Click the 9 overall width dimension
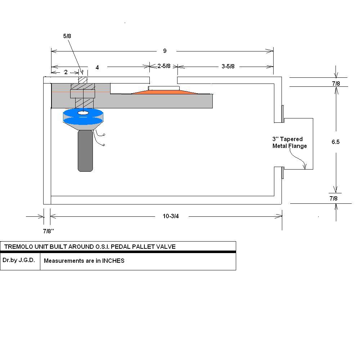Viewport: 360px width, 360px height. point(165,51)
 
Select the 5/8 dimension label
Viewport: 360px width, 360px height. point(67,36)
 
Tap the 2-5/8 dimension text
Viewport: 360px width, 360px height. point(164,66)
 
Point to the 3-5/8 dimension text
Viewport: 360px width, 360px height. point(228,66)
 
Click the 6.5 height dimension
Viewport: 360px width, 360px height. point(336,142)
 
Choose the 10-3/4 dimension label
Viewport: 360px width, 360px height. point(171,216)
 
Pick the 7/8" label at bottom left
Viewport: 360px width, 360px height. point(48,231)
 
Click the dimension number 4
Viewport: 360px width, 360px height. point(97,67)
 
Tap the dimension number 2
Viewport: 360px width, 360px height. point(66,72)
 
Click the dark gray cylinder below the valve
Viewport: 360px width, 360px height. point(85,151)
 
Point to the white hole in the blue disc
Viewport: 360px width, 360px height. point(83,113)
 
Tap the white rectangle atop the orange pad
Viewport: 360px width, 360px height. point(164,88)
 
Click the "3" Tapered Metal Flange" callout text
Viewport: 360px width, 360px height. point(289,143)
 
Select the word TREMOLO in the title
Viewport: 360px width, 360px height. point(18,247)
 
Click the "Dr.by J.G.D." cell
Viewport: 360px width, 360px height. point(19,260)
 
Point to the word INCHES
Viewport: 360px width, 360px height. point(113,261)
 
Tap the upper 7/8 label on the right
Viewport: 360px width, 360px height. point(336,84)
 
